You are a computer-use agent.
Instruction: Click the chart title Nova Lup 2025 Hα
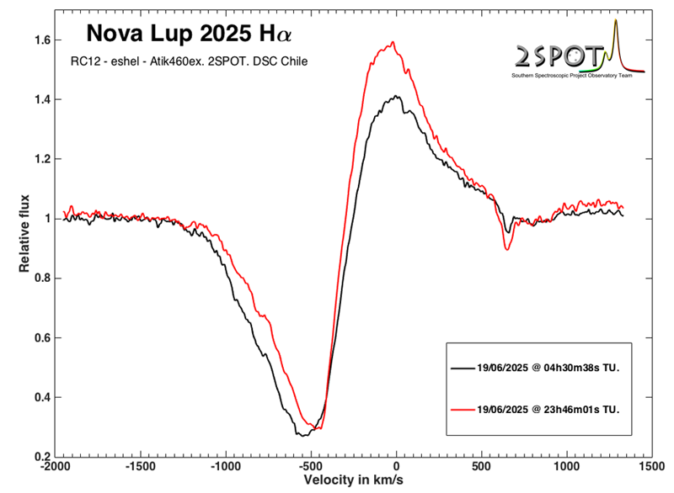(190, 34)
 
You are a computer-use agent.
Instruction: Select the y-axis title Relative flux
(25, 233)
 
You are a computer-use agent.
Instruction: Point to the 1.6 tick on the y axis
(42, 40)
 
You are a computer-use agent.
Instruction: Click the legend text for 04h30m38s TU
(549, 368)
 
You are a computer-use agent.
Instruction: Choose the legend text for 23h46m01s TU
(549, 409)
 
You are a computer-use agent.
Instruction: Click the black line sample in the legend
(462, 368)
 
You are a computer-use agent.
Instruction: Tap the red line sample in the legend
(462, 409)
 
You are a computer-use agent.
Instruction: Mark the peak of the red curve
(393, 42)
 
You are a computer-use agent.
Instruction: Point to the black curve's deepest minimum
(302, 435)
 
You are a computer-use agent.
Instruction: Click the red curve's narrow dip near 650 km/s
(507, 249)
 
